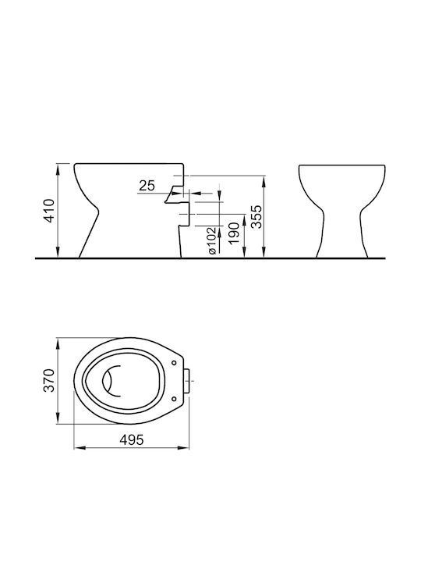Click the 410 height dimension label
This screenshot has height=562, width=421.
49,211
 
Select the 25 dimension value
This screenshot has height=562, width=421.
147,185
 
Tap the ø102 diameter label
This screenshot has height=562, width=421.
211,240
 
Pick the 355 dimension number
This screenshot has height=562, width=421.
256,217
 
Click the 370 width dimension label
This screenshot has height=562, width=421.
48,380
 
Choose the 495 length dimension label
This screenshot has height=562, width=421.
132,439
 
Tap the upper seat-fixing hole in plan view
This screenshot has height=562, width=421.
175,363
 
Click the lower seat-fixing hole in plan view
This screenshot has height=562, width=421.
175,398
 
